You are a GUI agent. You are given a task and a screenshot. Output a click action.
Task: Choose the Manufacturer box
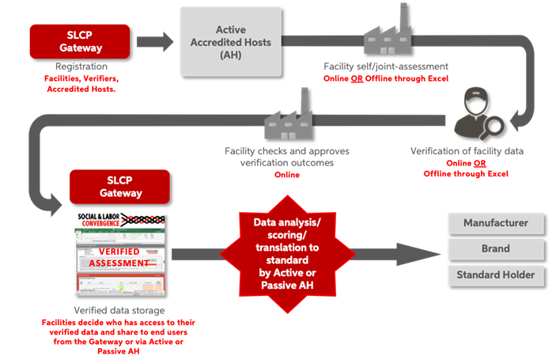coord(495,223)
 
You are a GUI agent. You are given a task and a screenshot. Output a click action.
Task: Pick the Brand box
coord(495,249)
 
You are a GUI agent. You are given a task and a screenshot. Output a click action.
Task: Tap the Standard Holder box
coord(495,275)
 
